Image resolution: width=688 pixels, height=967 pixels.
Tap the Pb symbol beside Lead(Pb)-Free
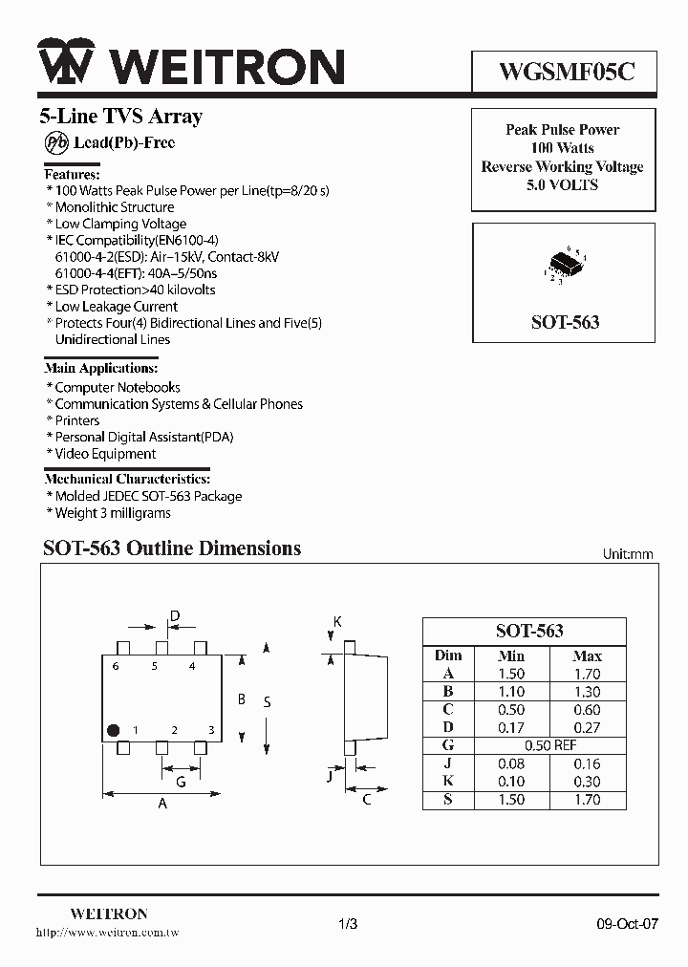54,142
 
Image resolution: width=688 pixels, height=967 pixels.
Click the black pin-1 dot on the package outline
113,730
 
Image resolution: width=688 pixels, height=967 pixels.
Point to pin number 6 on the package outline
115,666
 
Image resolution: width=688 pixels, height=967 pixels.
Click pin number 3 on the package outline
210,731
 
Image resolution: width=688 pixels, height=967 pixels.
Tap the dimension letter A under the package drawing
162,804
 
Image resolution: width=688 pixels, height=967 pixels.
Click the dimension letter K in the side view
337,622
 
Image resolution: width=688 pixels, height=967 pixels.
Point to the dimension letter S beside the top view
267,702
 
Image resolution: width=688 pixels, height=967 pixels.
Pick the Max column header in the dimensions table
587,655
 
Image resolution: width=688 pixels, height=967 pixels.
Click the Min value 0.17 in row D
511,727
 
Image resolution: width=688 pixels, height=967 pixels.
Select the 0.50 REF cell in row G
549,745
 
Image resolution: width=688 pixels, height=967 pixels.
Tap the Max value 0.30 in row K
587,782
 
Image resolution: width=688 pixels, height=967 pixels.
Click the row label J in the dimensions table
447,763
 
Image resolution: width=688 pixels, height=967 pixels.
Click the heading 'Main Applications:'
101,368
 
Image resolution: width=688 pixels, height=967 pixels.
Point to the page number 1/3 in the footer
348,924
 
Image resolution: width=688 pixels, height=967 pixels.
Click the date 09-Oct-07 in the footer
622,924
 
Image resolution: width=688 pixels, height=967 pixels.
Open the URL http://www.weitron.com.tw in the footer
107,932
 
